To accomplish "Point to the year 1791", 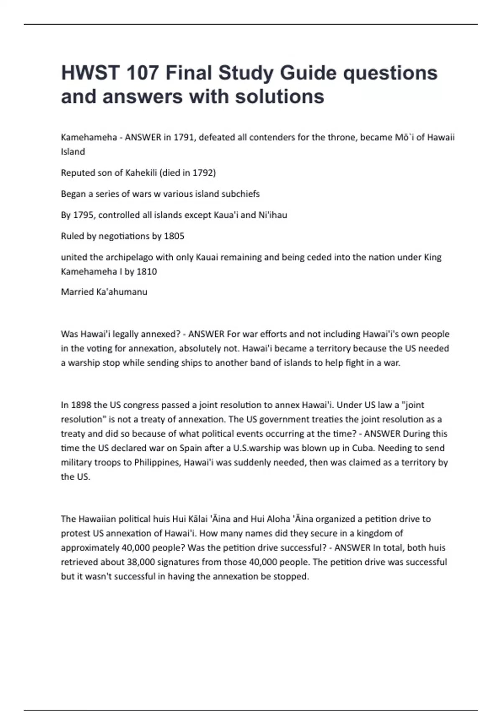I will [x=184, y=138].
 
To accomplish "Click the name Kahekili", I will [x=140, y=173].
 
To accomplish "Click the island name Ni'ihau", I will [x=272, y=215].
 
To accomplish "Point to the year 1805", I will [x=174, y=236].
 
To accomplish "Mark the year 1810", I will [x=147, y=271].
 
